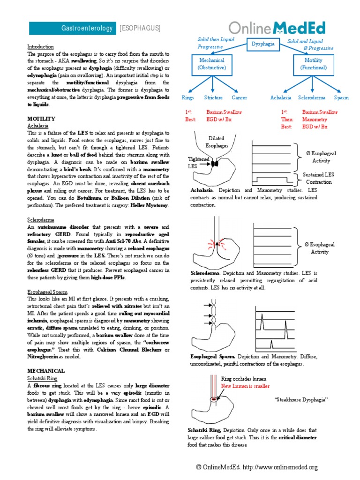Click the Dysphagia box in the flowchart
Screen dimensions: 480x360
(x=263, y=44)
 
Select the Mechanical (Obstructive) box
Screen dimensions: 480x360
(x=212, y=64)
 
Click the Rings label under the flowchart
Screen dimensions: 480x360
(x=187, y=98)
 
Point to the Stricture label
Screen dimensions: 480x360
(x=213, y=98)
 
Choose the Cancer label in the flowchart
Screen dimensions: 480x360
(x=239, y=98)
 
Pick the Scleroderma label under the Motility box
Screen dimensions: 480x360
(x=312, y=98)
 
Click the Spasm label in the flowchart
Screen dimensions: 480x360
(x=341, y=98)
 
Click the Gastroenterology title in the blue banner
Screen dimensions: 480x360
(x=87, y=29)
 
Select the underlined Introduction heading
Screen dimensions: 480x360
(x=40, y=47)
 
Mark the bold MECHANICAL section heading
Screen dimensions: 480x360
(x=45, y=371)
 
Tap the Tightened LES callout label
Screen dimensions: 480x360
(x=198, y=162)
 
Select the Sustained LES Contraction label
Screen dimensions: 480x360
(x=318, y=178)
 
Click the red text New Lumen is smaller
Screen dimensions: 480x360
(x=245, y=386)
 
